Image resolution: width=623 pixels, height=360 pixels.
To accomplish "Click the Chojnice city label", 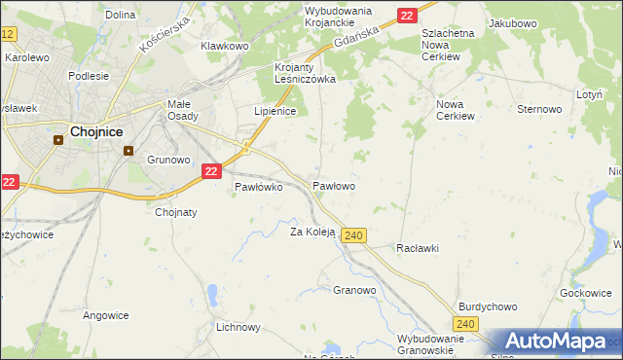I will [94, 132].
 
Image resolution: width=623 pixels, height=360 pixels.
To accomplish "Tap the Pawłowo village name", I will [333, 185].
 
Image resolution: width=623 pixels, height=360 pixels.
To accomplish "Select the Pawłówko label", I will [258, 188].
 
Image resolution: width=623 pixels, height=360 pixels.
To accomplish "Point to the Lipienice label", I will [275, 112].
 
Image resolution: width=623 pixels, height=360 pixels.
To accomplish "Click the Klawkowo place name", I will [225, 46].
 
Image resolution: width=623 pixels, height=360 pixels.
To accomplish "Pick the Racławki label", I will [417, 248].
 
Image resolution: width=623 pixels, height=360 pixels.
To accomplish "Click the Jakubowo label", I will [513, 21].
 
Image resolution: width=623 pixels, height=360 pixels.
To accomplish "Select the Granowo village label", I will [354, 290].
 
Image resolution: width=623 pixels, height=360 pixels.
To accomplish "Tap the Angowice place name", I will [106, 314].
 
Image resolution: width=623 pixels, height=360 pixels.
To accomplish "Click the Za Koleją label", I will [312, 232].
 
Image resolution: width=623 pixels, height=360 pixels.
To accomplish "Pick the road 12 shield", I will [8, 34].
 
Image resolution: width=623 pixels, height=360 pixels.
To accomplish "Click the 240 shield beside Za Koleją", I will [354, 235].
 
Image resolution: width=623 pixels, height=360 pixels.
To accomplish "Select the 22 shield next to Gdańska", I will [407, 15].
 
